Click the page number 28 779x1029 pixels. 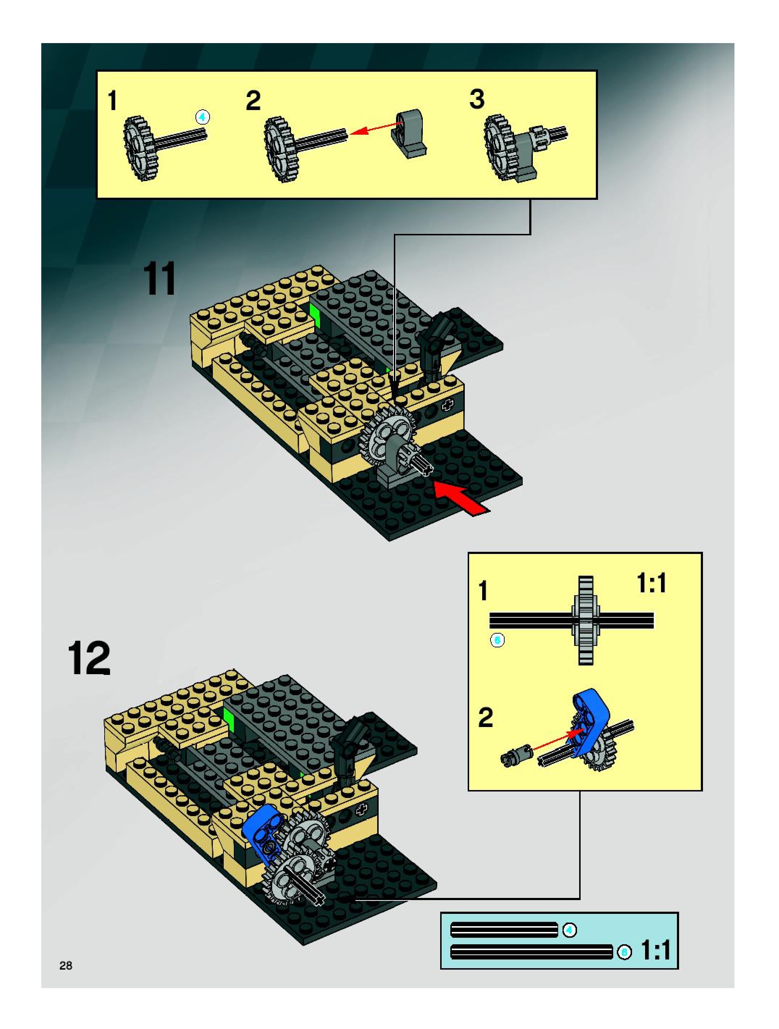[66, 966]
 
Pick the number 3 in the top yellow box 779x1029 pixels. [477, 99]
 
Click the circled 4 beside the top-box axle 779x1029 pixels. [202, 117]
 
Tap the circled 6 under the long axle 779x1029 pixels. [497, 640]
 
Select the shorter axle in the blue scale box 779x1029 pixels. [504, 930]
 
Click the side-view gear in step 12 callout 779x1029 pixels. [586, 620]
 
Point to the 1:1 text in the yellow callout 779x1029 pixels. [651, 583]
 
